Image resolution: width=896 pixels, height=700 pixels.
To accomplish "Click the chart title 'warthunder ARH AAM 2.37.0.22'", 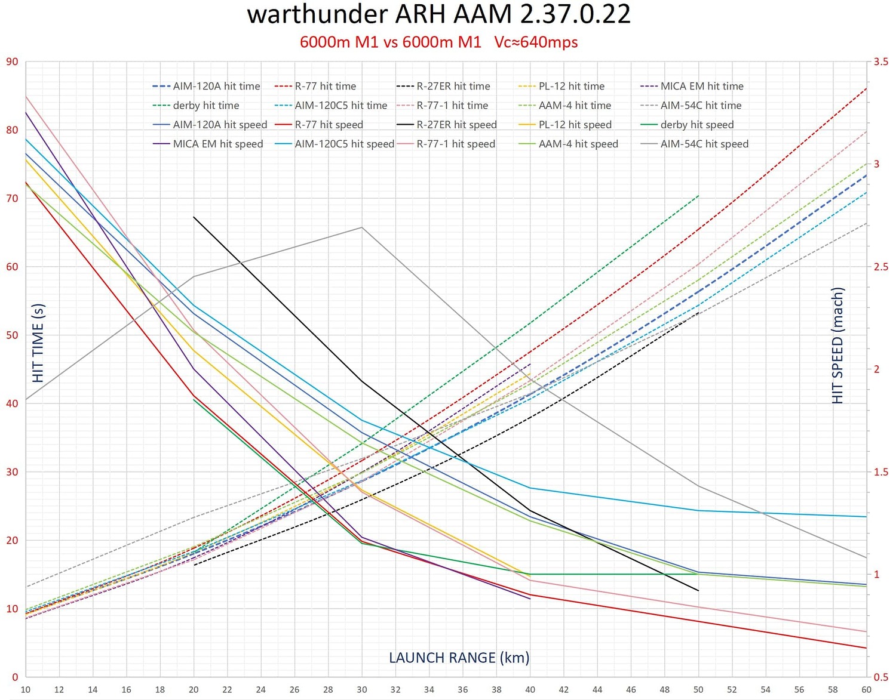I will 438,14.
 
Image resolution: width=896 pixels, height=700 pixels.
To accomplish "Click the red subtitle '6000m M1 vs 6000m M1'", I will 390,42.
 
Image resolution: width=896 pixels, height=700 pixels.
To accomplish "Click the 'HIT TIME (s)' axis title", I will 38,343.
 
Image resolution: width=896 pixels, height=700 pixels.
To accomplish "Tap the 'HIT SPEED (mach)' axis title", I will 837,346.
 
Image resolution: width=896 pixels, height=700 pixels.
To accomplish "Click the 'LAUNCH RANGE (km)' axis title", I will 459,658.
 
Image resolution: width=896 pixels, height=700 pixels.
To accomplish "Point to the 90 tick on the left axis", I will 12,61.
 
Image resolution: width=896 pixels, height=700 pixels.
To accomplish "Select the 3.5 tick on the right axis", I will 880,61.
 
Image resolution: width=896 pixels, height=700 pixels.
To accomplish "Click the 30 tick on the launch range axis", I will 362,689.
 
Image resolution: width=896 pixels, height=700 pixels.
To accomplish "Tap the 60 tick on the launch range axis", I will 866,689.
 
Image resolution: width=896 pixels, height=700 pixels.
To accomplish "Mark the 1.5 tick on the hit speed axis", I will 880,472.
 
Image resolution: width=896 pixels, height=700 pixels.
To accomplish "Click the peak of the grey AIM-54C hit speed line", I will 362,227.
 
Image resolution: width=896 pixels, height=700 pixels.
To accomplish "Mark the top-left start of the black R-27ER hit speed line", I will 194,217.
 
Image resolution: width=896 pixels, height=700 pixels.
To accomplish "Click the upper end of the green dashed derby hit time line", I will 698,196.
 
